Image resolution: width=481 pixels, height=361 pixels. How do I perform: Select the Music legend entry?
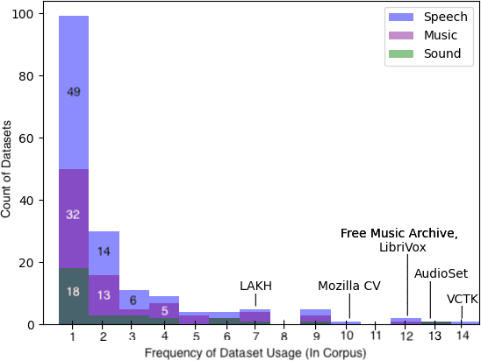pos(435,34)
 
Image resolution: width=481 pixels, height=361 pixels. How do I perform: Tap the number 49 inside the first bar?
pos(74,92)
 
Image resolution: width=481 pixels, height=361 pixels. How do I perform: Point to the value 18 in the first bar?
pos(74,292)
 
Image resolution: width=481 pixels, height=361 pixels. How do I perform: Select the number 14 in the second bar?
pos(104,251)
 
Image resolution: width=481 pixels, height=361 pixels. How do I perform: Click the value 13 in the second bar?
pos(104,294)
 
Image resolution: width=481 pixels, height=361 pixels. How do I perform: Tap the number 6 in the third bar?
pos(133,301)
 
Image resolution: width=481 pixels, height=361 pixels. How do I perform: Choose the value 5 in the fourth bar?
pos(164,309)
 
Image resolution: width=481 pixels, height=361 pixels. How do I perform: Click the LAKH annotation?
pos(255,286)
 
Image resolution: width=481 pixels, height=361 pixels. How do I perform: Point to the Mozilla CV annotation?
pos(348,286)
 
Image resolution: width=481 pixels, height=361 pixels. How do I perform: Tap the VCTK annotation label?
pos(463,299)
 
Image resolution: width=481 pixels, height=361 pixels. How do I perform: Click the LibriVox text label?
pos(406,247)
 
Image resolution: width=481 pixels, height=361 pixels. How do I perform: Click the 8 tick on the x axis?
pos(284,336)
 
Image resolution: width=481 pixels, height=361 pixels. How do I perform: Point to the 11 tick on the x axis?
pos(375,336)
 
